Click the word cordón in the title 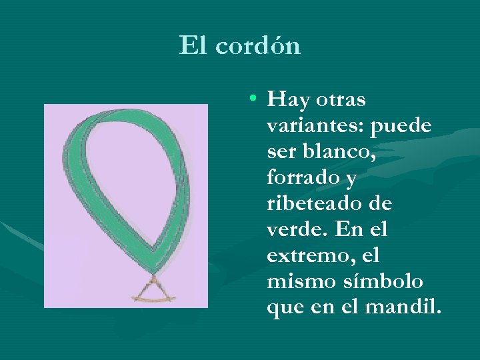pyautogui.click(x=259, y=46)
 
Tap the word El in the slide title pyautogui.click(x=194, y=46)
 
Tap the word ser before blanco pyautogui.click(x=280, y=152)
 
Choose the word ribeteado pyautogui.click(x=311, y=204)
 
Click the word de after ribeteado pyautogui.click(x=379, y=204)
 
